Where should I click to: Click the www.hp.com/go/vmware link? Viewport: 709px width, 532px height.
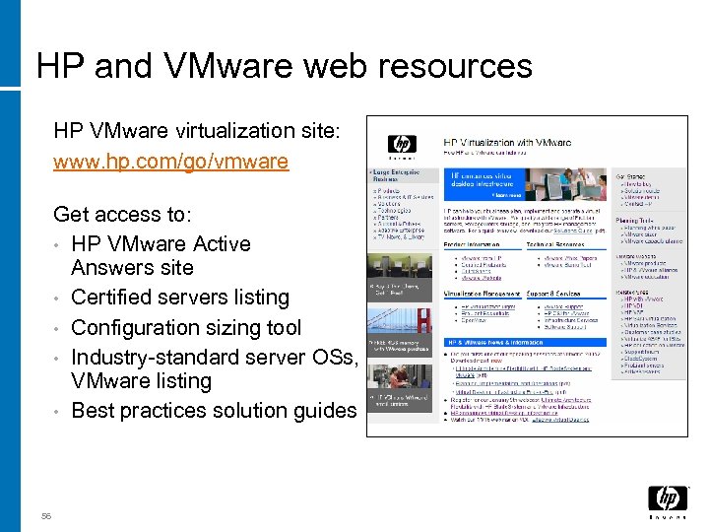click(170, 161)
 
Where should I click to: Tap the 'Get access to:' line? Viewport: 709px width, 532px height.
click(122, 214)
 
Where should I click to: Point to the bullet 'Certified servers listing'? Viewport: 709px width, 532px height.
click(180, 298)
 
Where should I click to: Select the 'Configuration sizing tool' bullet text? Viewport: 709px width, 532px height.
click(186, 327)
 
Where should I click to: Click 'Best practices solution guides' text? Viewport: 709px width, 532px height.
click(213, 410)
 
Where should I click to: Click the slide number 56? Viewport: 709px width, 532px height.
click(46, 515)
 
